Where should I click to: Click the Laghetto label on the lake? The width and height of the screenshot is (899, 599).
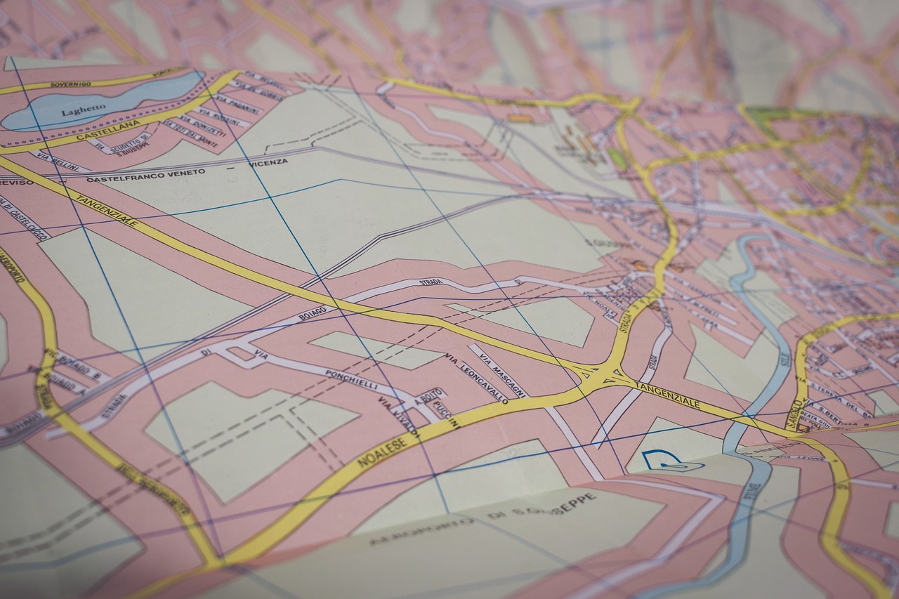pyautogui.click(x=83, y=111)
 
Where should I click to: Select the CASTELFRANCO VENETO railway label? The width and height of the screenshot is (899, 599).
pyautogui.click(x=146, y=176)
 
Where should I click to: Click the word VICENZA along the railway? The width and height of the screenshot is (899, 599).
pyautogui.click(x=268, y=162)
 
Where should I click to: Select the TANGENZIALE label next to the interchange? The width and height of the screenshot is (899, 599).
pyautogui.click(x=667, y=395)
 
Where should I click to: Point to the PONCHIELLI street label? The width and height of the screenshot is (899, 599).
pyautogui.click(x=351, y=380)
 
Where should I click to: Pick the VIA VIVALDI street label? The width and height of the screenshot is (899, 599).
pyautogui.click(x=398, y=417)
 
